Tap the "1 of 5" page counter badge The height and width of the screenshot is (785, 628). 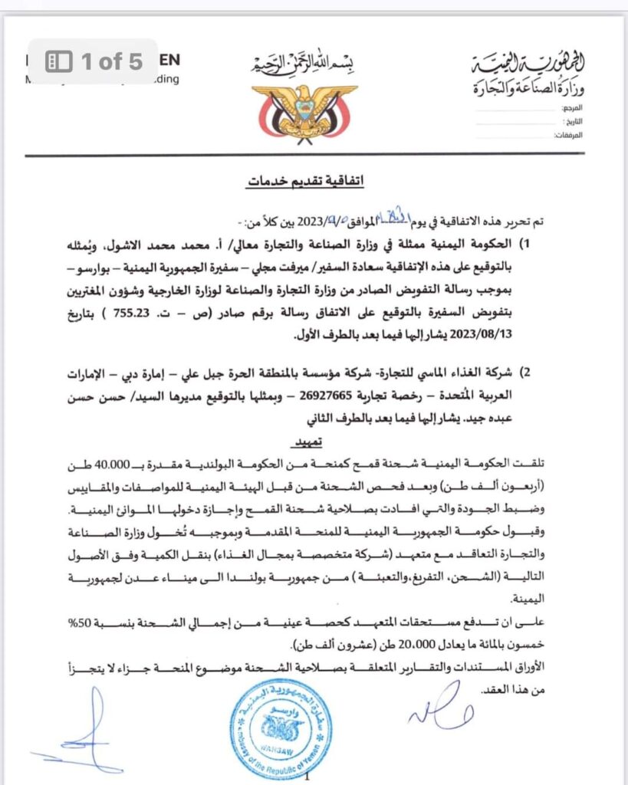tap(94, 62)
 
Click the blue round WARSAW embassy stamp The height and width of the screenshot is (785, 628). tap(281, 728)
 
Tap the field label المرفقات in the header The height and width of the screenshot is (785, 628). tap(569, 135)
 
